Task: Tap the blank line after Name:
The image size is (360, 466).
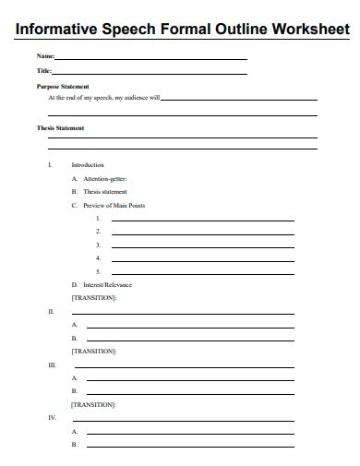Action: coord(151,59)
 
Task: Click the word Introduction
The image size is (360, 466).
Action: coord(88,164)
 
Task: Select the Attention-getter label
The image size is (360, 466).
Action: coord(104,178)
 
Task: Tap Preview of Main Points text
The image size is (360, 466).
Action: coord(114,205)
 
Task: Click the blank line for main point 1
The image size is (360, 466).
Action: coord(202,220)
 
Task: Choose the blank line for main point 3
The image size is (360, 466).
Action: coord(202,246)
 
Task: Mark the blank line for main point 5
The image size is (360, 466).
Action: coord(202,273)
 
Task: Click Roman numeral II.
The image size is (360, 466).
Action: coord(51,312)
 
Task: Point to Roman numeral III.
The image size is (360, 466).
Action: coord(52,365)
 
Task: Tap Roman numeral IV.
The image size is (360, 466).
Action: coord(52,418)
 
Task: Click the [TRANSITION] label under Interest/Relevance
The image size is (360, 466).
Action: coord(94,298)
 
